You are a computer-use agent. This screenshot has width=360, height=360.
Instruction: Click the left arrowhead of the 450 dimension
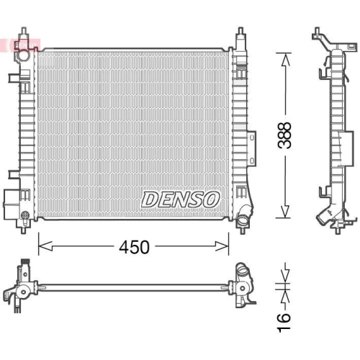click(41, 247)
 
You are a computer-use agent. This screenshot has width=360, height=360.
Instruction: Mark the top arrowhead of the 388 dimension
click(286, 56)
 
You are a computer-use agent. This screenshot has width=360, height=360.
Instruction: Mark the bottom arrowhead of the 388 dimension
click(286, 214)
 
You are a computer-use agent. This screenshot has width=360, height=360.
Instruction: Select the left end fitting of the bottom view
click(22, 284)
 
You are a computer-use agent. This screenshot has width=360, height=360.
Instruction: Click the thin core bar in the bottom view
click(130, 288)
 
